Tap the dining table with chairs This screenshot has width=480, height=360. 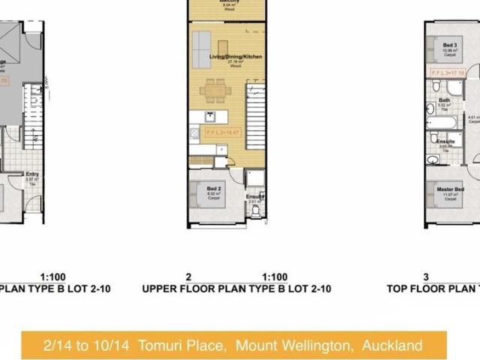coord(216,89)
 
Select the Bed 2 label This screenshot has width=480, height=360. coord(213,189)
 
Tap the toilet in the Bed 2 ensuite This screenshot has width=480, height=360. coord(256,211)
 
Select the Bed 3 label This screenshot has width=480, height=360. coord(450,45)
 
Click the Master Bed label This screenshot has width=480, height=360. coord(450,189)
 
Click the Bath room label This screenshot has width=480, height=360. coord(445,100)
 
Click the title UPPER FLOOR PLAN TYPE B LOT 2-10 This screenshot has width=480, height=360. coord(236,288)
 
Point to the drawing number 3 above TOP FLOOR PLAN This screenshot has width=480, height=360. coord(425,277)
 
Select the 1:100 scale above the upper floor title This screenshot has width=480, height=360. coord(274,277)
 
